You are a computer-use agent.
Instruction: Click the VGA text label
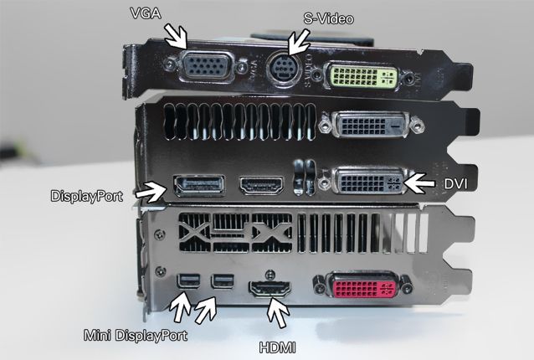tap(146, 13)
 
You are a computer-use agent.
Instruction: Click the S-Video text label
tap(328, 18)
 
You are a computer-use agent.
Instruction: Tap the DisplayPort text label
tap(86, 196)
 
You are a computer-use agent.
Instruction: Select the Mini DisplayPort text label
tap(136, 336)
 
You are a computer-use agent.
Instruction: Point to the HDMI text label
tap(278, 347)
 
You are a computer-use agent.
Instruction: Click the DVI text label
tap(455, 184)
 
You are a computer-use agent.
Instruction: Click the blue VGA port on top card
tap(208, 66)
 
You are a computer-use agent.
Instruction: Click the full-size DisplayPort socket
tap(199, 186)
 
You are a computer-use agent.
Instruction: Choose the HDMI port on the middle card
tap(261, 186)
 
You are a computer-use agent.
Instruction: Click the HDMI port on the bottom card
tap(270, 289)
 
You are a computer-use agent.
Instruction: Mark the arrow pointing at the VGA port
tap(177, 36)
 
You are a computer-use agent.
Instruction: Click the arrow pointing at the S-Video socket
tap(298, 42)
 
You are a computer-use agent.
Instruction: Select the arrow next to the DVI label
tap(418, 183)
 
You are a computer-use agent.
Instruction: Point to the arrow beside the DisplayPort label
tap(151, 192)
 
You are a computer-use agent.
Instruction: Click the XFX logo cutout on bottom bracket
tap(235, 233)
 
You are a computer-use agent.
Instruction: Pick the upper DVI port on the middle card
tap(372, 125)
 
